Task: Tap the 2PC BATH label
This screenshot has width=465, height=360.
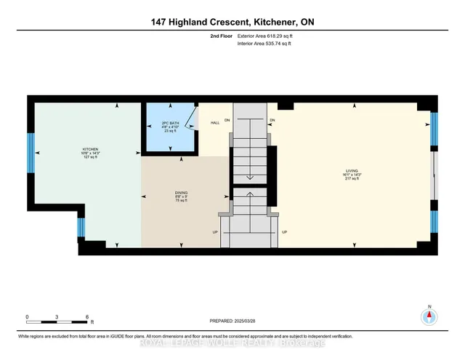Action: coord(169,124)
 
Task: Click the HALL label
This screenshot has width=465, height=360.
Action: coord(215,123)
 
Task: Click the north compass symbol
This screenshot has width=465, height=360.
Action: coord(429,316)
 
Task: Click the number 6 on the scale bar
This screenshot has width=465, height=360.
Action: coord(87,318)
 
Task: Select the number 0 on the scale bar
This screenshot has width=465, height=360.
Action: coord(27,318)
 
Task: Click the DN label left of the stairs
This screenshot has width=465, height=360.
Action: coord(227,120)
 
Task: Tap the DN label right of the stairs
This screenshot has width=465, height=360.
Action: coord(272,120)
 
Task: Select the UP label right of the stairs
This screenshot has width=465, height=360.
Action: coord(284,232)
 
